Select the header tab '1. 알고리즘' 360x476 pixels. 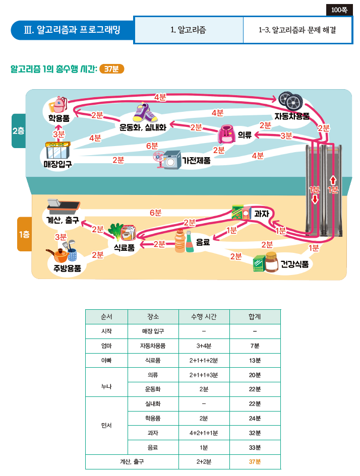coord(189,30)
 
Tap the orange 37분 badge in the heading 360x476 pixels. coord(111,70)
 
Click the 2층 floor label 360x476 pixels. coord(18,130)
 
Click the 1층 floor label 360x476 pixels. coord(24,234)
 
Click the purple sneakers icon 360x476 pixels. coord(144,113)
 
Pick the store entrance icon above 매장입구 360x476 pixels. coord(57,150)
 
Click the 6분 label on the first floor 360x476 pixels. coord(156,213)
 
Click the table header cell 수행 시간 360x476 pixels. coord(204,317)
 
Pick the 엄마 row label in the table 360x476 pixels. coord(106,346)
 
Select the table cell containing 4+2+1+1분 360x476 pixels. coord(204,433)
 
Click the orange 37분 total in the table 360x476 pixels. coord(255,461)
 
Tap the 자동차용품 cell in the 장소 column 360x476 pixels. coord(153,346)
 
